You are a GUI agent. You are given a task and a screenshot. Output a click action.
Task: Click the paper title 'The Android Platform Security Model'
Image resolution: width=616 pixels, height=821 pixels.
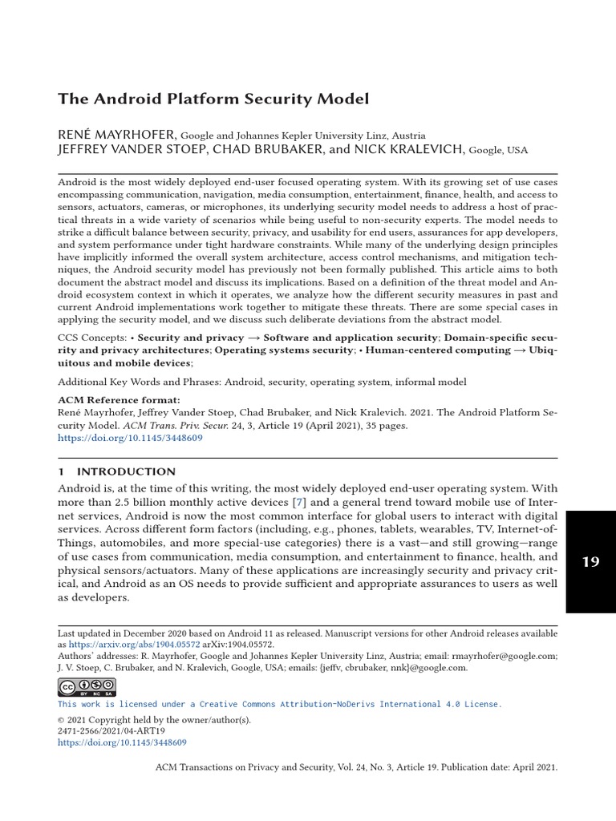pyautogui.click(x=213, y=99)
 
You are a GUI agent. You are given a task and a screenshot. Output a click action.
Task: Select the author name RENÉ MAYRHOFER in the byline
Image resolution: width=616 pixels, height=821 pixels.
pyautogui.click(x=118, y=135)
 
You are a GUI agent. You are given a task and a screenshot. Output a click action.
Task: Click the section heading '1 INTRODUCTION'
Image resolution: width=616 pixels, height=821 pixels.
pyautogui.click(x=116, y=471)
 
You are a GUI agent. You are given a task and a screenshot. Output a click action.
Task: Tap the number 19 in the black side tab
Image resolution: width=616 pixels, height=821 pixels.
pyautogui.click(x=590, y=561)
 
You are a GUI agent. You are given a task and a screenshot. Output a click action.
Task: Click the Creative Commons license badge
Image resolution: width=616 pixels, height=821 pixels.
pyautogui.click(x=87, y=687)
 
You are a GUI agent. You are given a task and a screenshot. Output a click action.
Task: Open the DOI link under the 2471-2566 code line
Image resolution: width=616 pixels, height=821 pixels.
pyautogui.click(x=122, y=743)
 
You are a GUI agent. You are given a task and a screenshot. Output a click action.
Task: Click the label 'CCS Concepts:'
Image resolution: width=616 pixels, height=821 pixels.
pyautogui.click(x=91, y=338)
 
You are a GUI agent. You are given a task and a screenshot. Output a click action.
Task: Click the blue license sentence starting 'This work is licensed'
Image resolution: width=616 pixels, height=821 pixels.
pyautogui.click(x=280, y=704)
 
